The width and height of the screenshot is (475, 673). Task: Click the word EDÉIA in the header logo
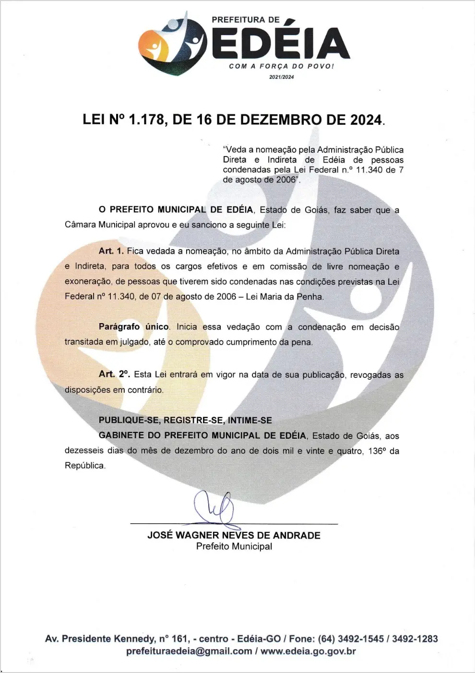tap(281, 44)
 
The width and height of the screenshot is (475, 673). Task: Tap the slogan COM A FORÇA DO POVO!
tap(281, 66)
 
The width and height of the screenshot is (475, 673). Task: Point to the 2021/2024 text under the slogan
tap(282, 77)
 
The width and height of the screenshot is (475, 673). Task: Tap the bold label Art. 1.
tap(111, 251)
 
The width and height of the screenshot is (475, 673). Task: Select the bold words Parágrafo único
tap(134, 327)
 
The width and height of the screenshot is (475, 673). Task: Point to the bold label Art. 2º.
tap(114, 374)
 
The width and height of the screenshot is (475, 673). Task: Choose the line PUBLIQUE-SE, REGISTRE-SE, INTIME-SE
tap(185, 421)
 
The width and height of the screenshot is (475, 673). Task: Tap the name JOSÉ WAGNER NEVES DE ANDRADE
tap(234, 535)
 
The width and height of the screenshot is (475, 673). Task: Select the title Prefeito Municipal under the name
tap(234, 546)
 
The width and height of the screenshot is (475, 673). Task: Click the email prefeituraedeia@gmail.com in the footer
tap(189, 651)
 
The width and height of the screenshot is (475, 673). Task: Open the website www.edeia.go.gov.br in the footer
tap(308, 651)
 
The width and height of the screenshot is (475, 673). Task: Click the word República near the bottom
tap(84, 466)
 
